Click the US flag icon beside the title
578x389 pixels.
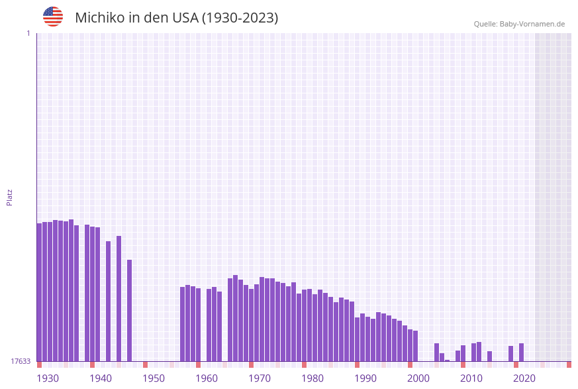[x=53, y=17]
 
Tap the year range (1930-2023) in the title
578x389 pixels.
[x=240, y=18]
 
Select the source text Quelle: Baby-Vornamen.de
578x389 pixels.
[x=519, y=25]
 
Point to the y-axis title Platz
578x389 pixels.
[x=10, y=197]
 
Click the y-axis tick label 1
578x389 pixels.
[x=28, y=34]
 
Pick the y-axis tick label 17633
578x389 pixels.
[x=21, y=361]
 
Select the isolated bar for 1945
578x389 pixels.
[x=119, y=298]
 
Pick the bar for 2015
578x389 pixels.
[x=490, y=356]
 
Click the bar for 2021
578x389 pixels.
[x=522, y=352]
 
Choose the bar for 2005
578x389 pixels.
[x=437, y=352]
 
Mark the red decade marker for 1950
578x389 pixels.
[x=146, y=364]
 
